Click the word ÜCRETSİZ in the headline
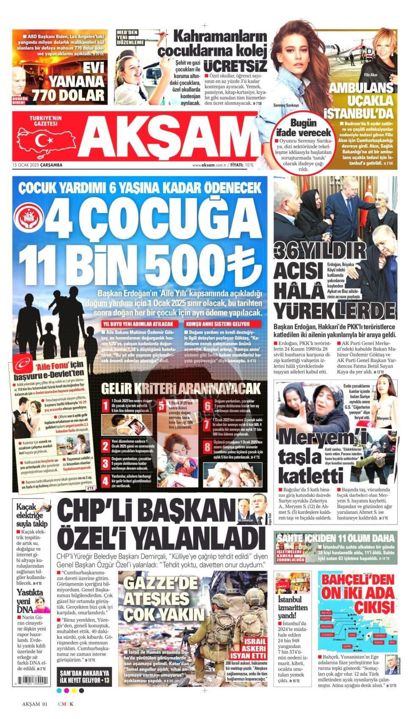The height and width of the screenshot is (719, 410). [235, 66]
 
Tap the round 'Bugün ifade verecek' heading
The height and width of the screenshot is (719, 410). [303, 127]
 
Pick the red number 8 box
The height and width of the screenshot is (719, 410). [207, 447]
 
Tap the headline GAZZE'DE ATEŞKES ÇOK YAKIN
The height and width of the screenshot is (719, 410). [163, 599]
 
